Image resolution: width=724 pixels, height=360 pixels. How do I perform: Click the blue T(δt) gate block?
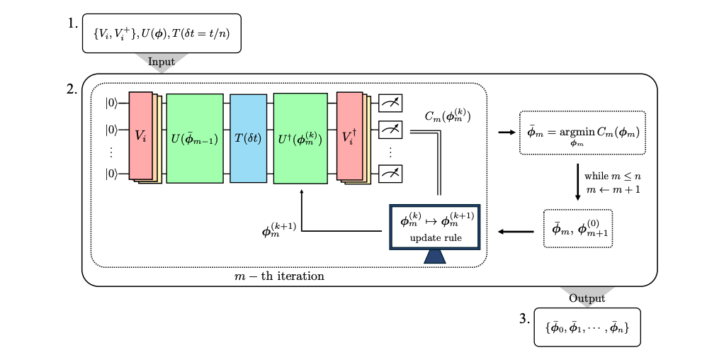(x=247, y=138)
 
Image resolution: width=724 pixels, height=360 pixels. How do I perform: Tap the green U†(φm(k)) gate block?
(x=300, y=138)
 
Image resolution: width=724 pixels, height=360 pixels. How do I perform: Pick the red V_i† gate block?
(x=350, y=136)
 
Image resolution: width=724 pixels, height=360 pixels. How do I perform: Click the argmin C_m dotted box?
(x=582, y=133)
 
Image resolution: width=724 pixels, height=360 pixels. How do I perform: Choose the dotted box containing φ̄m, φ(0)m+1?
(x=577, y=227)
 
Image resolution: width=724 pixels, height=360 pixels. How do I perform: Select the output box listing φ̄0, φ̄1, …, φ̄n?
(x=587, y=327)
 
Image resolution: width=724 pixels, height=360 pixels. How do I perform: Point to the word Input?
(x=162, y=62)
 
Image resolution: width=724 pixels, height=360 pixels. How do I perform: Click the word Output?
(x=587, y=298)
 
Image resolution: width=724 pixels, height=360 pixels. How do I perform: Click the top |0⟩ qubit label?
(x=112, y=103)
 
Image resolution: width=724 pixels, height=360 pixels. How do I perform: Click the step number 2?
(x=72, y=89)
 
